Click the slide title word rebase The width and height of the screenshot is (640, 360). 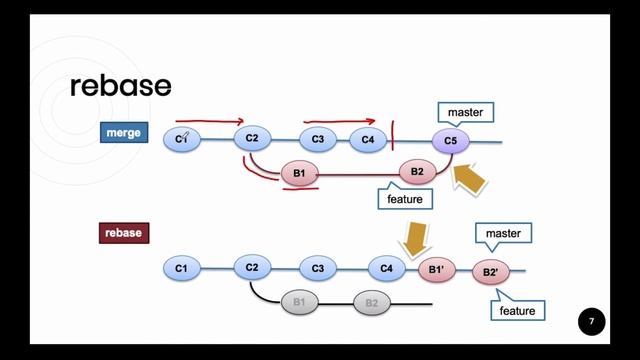tap(121, 86)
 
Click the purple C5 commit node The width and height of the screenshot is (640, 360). tap(451, 142)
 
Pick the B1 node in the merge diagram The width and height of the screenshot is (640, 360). tap(299, 173)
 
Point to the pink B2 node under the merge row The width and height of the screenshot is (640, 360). tap(417, 172)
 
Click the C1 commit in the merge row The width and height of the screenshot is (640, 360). tap(182, 140)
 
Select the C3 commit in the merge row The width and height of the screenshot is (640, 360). tap(318, 140)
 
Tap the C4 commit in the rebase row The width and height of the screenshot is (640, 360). tap(387, 267)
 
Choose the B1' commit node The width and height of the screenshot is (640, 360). tap(437, 269)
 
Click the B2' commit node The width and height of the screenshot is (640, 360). tap(490, 272)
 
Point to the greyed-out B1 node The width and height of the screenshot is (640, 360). tap(299, 302)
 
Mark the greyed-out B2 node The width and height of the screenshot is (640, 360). tap(370, 302)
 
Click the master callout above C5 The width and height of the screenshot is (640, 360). tap(465, 113)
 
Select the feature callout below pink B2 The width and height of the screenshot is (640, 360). tap(405, 199)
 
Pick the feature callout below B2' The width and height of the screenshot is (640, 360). tap(518, 310)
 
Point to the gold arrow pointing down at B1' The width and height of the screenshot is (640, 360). tap(413, 239)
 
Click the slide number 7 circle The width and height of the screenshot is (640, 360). tap(591, 322)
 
